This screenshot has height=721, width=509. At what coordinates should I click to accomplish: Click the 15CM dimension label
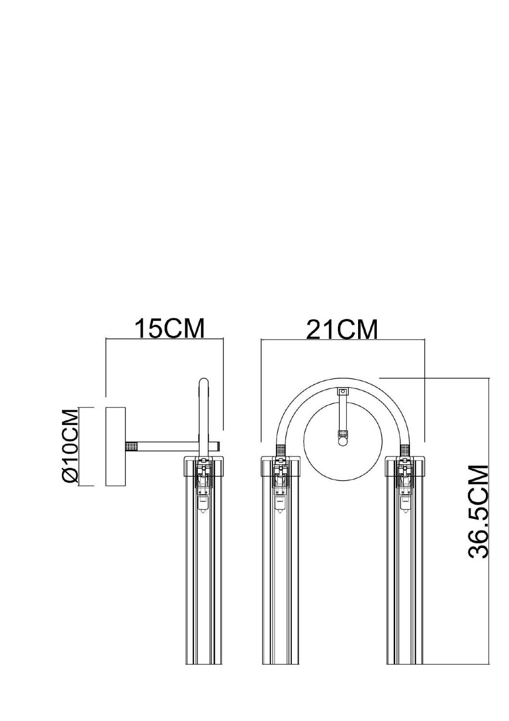[170, 328]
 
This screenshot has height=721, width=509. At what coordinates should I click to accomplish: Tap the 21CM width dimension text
[342, 329]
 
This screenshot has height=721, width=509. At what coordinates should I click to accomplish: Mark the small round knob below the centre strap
[343, 441]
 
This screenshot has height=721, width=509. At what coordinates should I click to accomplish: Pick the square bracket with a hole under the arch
[343, 392]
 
